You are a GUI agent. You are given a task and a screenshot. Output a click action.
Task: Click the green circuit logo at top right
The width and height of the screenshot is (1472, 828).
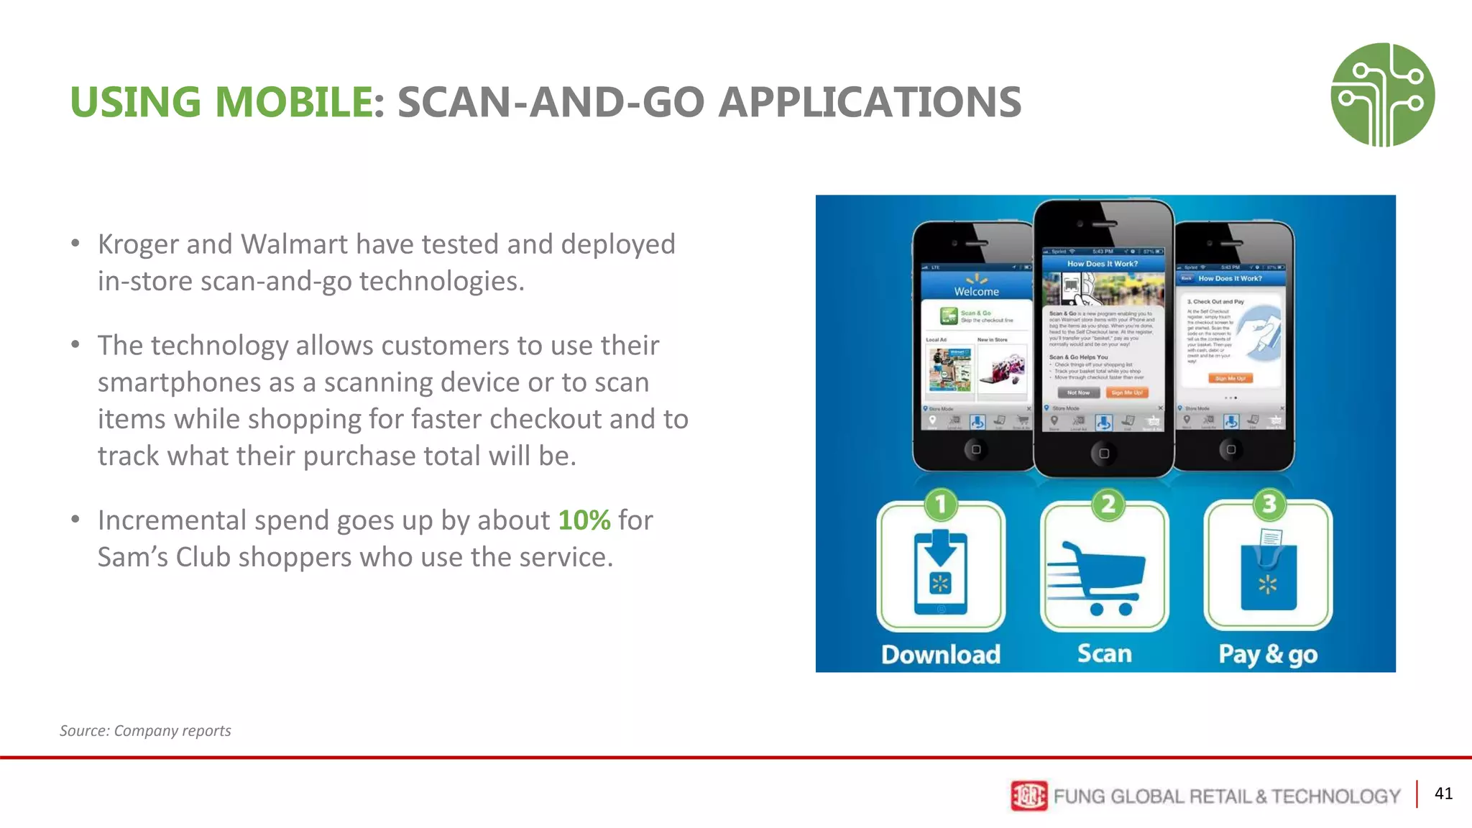coord(1382,95)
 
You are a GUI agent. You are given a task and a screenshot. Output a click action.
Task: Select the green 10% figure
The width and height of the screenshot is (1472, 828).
coord(584,520)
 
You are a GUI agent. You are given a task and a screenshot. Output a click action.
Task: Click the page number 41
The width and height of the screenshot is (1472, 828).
coord(1443,793)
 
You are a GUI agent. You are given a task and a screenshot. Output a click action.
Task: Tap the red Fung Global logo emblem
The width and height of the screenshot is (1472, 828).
coord(1029,796)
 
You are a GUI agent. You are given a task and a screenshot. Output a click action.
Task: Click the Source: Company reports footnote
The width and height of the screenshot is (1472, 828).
coord(145,731)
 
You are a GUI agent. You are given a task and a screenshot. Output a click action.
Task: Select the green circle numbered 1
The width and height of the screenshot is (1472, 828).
coord(941,505)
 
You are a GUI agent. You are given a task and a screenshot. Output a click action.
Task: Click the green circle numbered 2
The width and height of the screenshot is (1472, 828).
coord(1108,505)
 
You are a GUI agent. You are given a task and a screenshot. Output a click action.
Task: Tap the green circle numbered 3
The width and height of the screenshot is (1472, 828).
coord(1269,505)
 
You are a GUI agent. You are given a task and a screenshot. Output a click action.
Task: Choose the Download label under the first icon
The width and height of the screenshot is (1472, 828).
coord(941,655)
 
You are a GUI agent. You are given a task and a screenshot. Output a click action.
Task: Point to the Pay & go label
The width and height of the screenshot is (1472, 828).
coord(1268,655)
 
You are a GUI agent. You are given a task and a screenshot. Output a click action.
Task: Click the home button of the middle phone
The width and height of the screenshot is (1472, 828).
coord(1104,454)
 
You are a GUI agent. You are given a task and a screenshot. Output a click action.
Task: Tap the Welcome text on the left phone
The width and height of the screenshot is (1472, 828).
coord(976,292)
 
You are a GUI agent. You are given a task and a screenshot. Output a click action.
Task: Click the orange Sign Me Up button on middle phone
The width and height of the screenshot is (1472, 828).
coord(1126,392)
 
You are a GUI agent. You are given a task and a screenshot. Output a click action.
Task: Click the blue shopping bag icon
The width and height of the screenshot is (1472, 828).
coord(1268,576)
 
